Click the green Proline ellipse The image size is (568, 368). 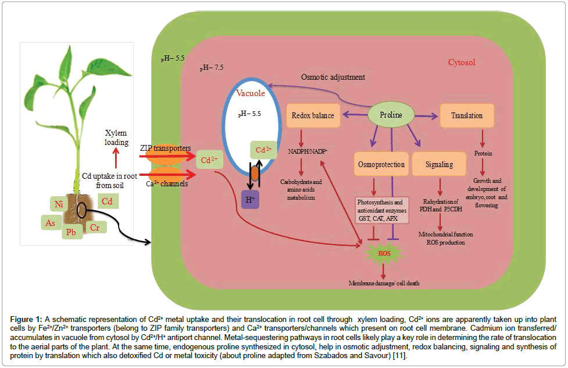(391, 115)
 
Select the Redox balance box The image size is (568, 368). (313, 115)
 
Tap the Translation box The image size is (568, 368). (467, 115)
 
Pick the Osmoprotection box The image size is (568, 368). (380, 164)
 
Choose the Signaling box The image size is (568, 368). (439, 164)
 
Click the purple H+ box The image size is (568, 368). (250, 199)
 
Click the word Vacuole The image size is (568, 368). (250, 93)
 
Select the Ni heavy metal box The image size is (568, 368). (59, 204)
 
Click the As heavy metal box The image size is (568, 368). (50, 222)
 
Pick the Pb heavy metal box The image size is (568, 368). (73, 232)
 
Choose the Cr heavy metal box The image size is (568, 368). (95, 227)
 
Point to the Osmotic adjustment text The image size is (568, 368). (333, 77)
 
